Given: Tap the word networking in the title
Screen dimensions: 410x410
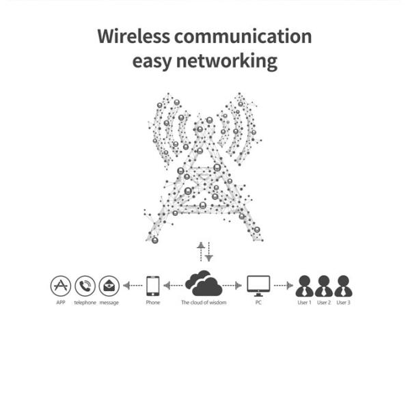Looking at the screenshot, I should coord(228,61).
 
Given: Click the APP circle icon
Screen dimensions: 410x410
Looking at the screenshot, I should coord(61,286).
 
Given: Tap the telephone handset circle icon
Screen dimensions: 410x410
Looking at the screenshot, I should coord(85,286).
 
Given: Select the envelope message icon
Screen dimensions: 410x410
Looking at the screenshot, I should coord(109,286).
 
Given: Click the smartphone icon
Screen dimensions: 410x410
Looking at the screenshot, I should coord(153,286).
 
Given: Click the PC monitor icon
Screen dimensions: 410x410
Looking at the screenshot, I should coord(258,285).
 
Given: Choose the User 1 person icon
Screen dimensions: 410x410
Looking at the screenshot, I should coord(305,286).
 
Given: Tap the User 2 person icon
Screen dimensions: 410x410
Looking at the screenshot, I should coord(324,286).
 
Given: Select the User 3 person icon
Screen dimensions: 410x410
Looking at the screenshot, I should coord(343,286).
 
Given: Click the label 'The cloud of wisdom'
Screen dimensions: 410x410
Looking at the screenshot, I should coord(203,302).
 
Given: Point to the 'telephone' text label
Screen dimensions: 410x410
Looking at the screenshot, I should coord(85,302).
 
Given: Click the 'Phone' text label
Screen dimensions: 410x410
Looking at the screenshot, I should coord(153,302).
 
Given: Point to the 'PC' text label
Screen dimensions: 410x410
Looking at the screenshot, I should coord(258,302).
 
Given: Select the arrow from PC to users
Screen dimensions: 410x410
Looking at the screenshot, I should coord(284,286).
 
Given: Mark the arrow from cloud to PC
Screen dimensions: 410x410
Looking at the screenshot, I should coord(233,286).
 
